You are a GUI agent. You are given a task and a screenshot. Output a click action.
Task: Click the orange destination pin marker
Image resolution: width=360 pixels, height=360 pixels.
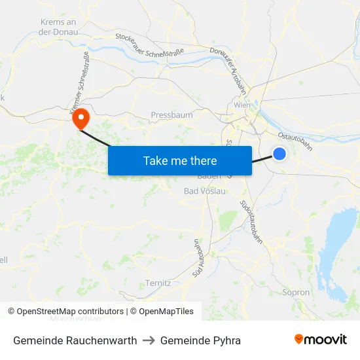pos(81,118)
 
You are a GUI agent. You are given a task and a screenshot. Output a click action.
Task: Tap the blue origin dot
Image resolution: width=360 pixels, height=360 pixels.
pos(279,154)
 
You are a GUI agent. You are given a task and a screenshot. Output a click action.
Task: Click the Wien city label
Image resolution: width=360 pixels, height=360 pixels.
pos(242,105)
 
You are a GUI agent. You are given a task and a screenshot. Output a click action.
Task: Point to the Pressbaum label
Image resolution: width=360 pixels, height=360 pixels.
pos(171,115)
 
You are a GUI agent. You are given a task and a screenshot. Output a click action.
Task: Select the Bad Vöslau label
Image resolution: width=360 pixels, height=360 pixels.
pos(204,191)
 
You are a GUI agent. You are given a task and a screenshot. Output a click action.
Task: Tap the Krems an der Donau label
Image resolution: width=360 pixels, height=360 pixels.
pos(58,26)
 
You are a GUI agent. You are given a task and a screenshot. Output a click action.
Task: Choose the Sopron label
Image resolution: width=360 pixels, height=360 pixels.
pos(295,293)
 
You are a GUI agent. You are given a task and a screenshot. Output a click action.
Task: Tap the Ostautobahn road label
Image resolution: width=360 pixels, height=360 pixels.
pos(296,141)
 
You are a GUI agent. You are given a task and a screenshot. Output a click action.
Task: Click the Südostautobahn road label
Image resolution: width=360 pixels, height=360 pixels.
pos(252,223)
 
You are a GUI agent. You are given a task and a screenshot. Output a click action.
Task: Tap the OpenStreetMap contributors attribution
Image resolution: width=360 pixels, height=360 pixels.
pos(65,312)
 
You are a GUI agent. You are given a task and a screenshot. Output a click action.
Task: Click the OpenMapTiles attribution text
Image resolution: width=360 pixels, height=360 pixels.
pos(162,312)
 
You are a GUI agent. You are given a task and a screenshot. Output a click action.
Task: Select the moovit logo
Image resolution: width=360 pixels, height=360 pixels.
pos(321,340)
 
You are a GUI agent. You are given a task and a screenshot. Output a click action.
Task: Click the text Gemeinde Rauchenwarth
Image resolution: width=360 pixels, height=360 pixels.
pos(75,340)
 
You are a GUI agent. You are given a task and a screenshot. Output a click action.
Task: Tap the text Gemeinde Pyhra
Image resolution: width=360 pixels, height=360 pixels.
pos(200,340)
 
